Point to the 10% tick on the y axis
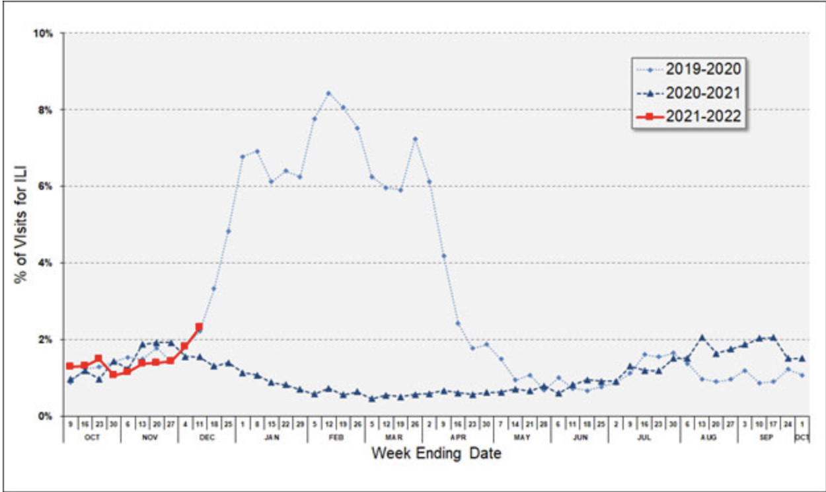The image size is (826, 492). (46, 32)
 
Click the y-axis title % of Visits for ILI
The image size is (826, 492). (20, 225)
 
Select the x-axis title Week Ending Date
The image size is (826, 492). (435, 454)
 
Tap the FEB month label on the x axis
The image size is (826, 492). (336, 437)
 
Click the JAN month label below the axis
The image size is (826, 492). (271, 437)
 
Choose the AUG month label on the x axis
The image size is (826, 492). (716, 437)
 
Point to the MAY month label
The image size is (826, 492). (522, 437)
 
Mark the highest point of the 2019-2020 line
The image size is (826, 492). (328, 93)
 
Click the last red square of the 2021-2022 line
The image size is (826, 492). (199, 327)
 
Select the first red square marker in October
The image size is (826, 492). (69, 366)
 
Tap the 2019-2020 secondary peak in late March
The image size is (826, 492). (415, 139)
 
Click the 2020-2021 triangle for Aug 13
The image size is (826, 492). (702, 337)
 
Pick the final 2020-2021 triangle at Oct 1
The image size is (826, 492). (802, 358)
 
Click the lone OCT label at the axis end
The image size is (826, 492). (802, 437)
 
